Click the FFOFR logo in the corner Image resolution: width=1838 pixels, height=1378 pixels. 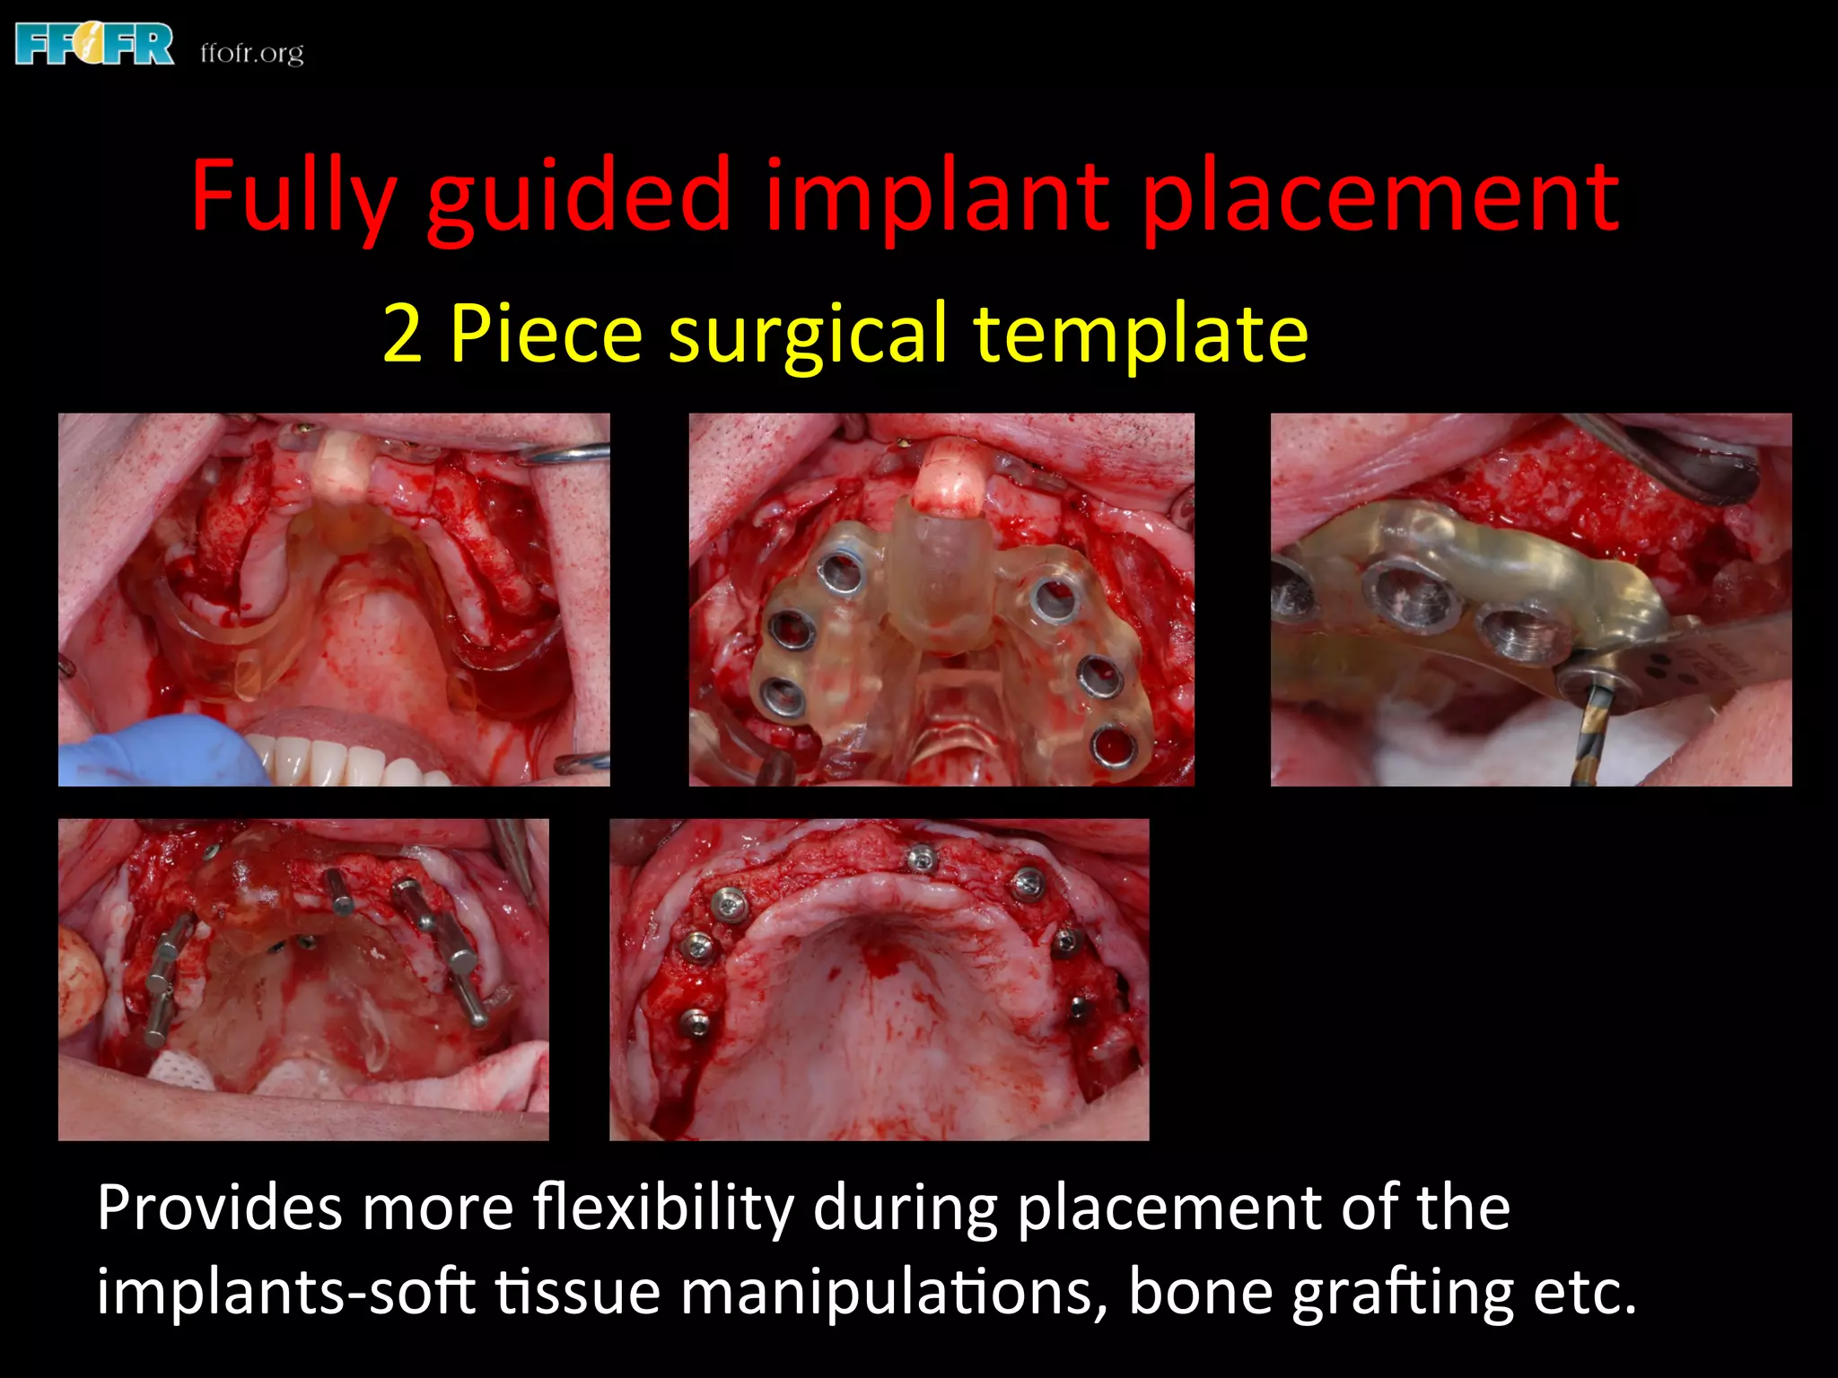[94, 45]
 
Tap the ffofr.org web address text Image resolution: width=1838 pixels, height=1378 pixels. [251, 53]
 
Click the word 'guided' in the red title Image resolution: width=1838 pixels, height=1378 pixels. [578, 197]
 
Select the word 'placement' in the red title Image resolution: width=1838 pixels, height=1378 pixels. [1379, 197]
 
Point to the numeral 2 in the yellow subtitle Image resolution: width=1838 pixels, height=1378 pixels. [402, 334]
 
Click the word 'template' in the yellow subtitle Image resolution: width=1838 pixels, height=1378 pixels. [1141, 334]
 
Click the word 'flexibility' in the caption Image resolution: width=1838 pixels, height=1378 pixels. [662, 1209]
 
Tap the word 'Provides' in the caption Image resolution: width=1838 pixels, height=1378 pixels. [220, 1208]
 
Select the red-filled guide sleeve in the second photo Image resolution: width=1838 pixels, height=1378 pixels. [1113, 745]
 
